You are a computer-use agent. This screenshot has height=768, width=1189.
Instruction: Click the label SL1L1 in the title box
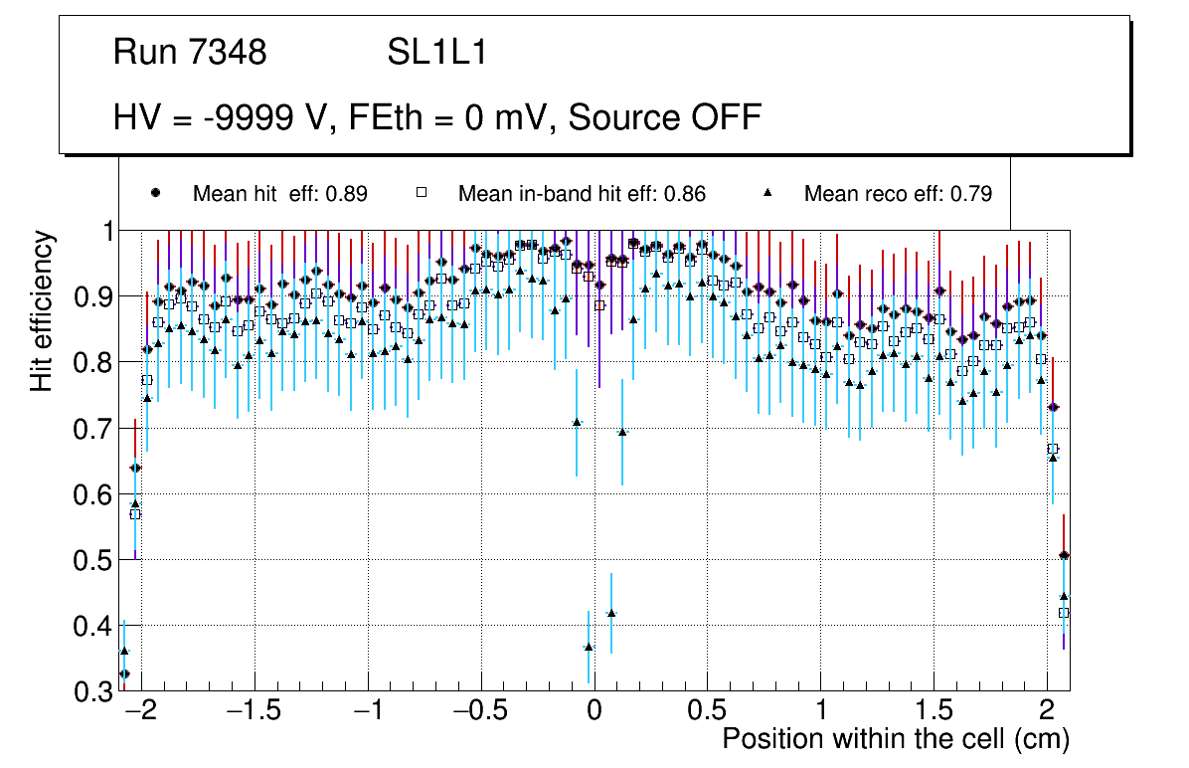click(436, 53)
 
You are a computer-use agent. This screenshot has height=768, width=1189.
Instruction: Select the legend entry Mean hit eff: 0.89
click(279, 194)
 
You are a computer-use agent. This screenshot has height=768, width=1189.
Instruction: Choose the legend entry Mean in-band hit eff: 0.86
click(582, 194)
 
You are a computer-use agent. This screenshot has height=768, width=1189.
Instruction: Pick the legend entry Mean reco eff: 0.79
click(898, 194)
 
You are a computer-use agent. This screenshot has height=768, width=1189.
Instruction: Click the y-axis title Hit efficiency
click(42, 310)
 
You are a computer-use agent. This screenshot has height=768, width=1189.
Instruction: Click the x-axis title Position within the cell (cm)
click(895, 739)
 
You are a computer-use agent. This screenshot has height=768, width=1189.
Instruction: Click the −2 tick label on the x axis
click(140, 712)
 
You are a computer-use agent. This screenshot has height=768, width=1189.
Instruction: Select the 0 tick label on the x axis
click(594, 712)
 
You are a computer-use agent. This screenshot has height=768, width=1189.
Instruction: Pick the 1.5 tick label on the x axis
click(934, 712)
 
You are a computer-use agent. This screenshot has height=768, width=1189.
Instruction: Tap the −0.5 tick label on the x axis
click(479, 712)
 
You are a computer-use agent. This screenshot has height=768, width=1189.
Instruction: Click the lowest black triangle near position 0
click(589, 647)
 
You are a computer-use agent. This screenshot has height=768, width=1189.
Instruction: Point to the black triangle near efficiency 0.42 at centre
click(611, 613)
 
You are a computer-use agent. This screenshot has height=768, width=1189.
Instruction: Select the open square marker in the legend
click(421, 194)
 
